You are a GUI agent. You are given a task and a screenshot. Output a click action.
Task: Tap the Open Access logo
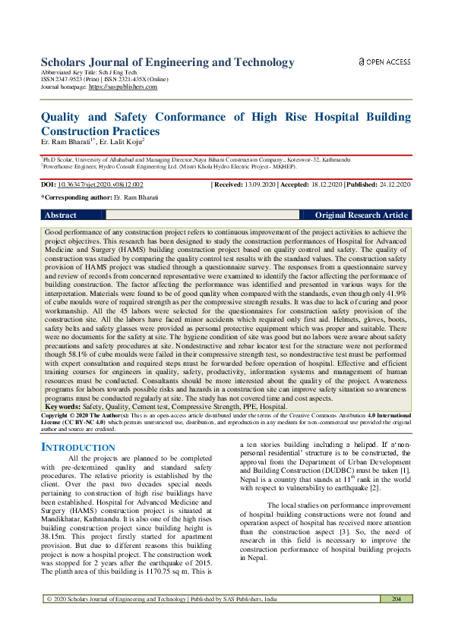[384, 61]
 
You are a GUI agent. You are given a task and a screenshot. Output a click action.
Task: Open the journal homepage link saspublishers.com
[123, 87]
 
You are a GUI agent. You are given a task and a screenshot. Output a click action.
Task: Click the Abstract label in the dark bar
[61, 216]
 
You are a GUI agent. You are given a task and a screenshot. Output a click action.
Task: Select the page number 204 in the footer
[395, 620]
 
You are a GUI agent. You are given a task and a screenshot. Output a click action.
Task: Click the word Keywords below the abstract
[62, 407]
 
